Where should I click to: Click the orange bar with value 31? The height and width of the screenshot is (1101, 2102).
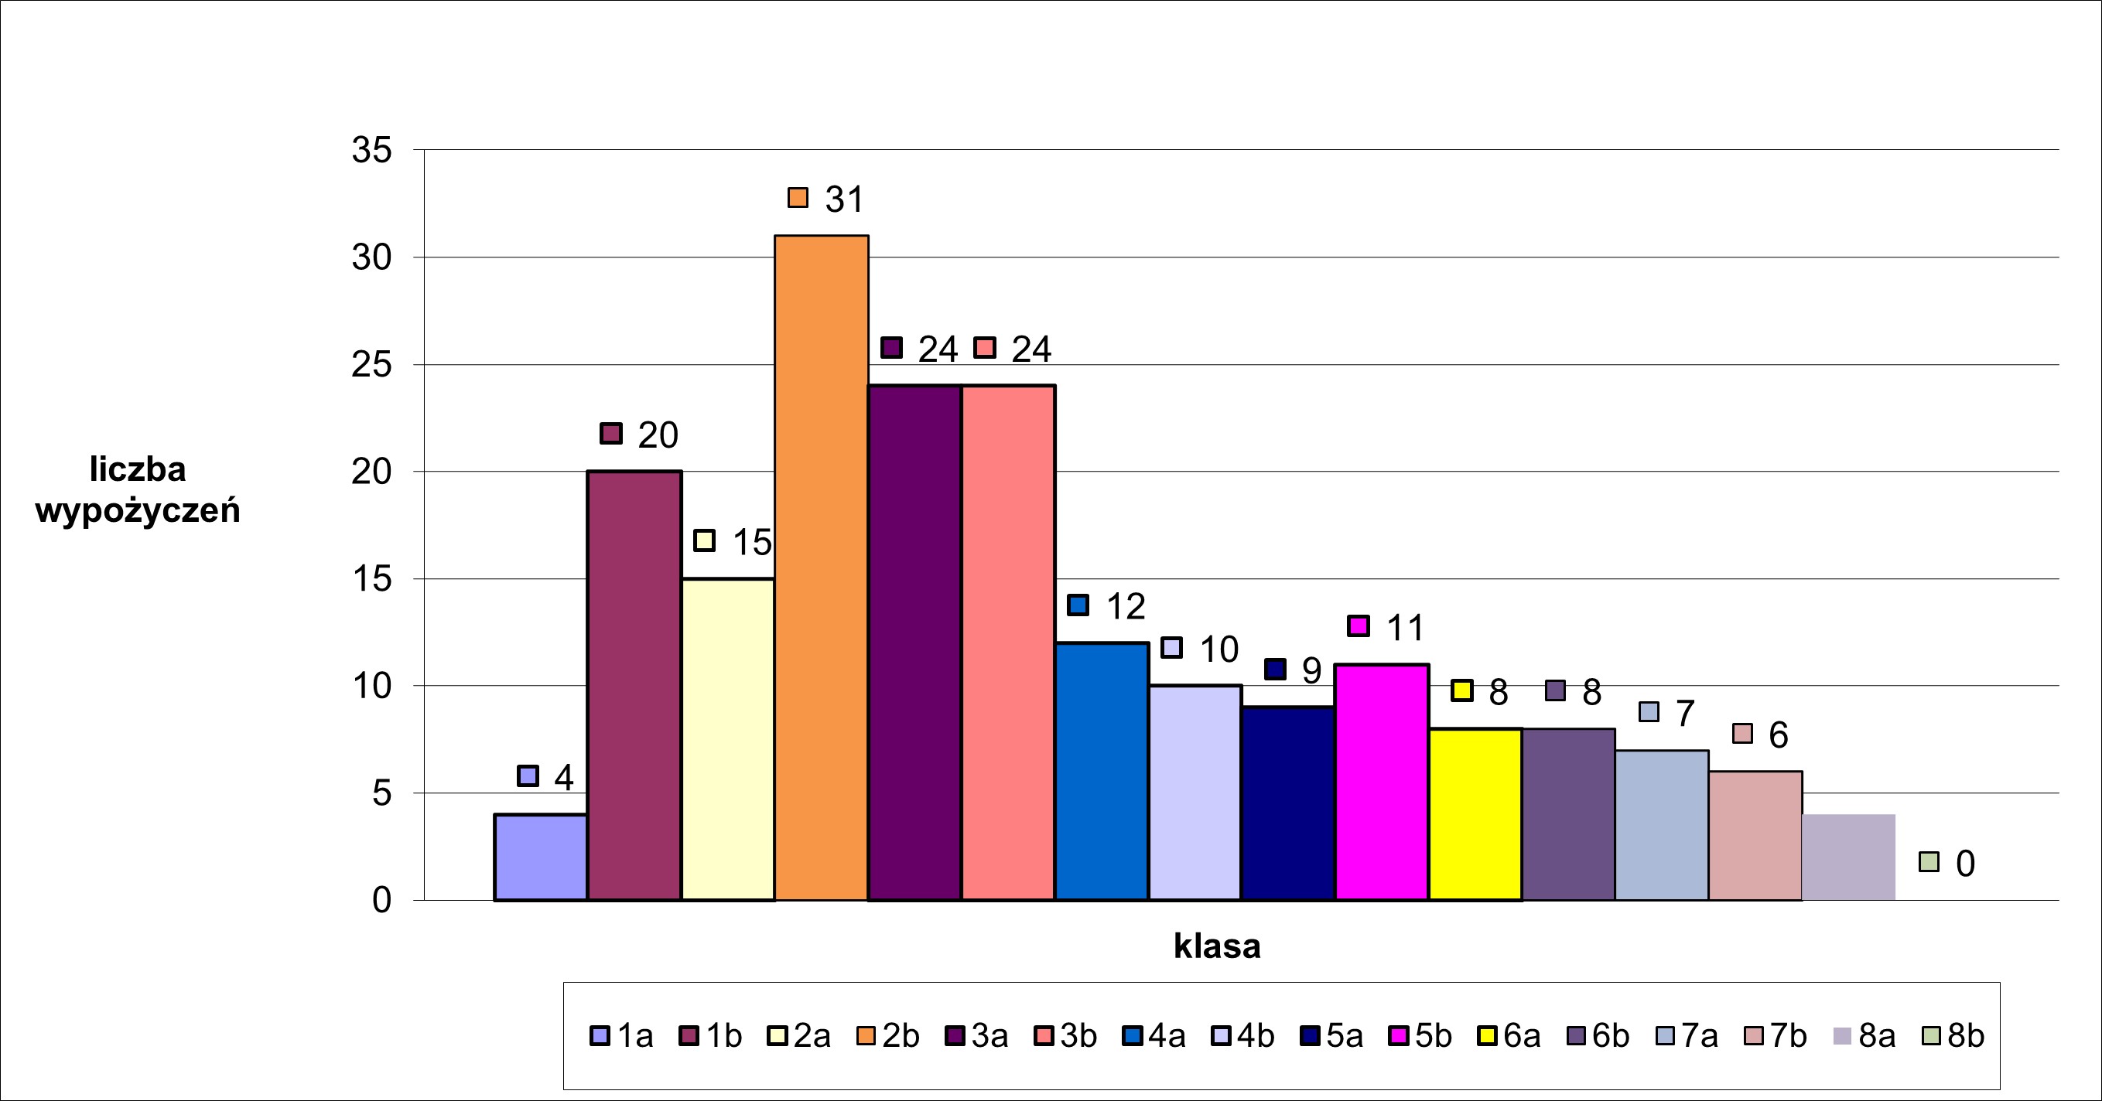[821, 568]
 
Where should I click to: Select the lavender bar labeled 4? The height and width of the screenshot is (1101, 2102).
[540, 857]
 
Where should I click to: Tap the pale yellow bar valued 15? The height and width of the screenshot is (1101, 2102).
[728, 739]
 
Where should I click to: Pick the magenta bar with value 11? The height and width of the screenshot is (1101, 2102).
[1382, 782]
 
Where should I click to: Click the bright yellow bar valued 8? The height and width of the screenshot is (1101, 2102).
[1475, 814]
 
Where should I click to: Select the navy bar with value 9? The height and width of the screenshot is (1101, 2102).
[1287, 803]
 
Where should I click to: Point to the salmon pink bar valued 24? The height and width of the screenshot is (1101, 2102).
[1009, 643]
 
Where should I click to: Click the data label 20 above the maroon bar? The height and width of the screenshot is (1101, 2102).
[658, 435]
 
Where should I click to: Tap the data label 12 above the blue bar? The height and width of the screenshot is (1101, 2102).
[1125, 607]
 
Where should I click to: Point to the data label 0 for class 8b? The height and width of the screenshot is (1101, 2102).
[1965, 864]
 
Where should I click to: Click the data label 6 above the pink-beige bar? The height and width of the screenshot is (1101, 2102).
[1779, 735]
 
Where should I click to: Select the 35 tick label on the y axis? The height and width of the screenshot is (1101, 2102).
[372, 150]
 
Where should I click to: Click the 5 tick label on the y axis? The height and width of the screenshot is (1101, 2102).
[382, 793]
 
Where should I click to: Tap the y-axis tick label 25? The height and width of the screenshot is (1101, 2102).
[372, 365]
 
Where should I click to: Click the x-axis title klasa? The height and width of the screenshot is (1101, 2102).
[1217, 946]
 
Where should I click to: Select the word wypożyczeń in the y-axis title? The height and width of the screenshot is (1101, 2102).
[138, 511]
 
